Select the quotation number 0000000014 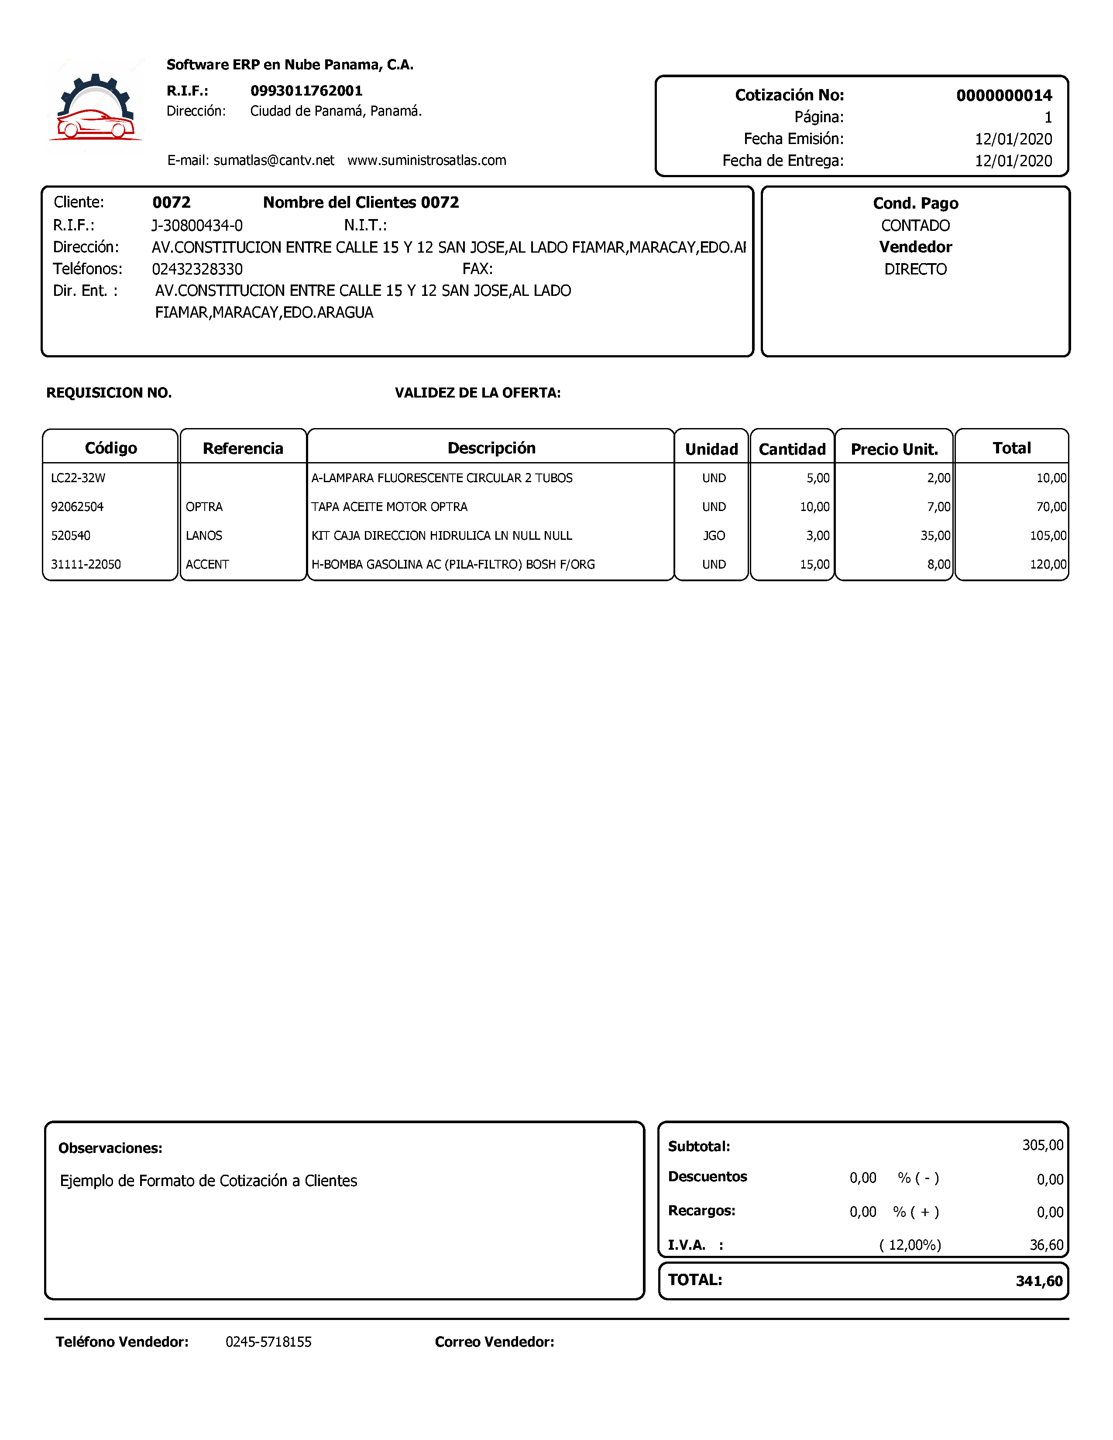(x=1003, y=96)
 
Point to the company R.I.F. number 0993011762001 (x=306, y=91)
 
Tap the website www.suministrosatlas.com (x=426, y=160)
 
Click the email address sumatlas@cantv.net (x=274, y=160)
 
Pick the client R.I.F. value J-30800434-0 (x=197, y=226)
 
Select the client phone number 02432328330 (x=197, y=269)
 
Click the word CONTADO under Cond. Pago (x=915, y=226)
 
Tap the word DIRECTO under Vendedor (x=915, y=269)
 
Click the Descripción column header (x=491, y=448)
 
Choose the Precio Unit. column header (x=894, y=449)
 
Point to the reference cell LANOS (x=204, y=535)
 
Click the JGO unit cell (x=714, y=535)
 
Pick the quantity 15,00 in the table (x=814, y=564)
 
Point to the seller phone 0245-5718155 (x=268, y=1342)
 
